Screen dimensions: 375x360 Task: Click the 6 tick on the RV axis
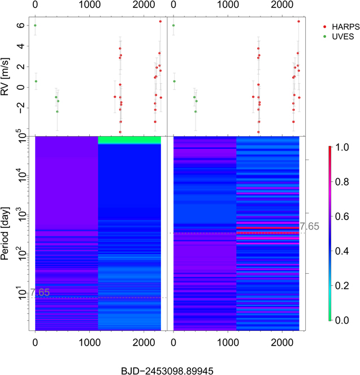(x=20, y=25)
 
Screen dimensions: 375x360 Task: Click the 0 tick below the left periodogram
(x=35, y=343)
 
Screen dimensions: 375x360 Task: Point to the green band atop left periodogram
(x=129, y=140)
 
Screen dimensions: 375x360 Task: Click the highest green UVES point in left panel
(x=35, y=25)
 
